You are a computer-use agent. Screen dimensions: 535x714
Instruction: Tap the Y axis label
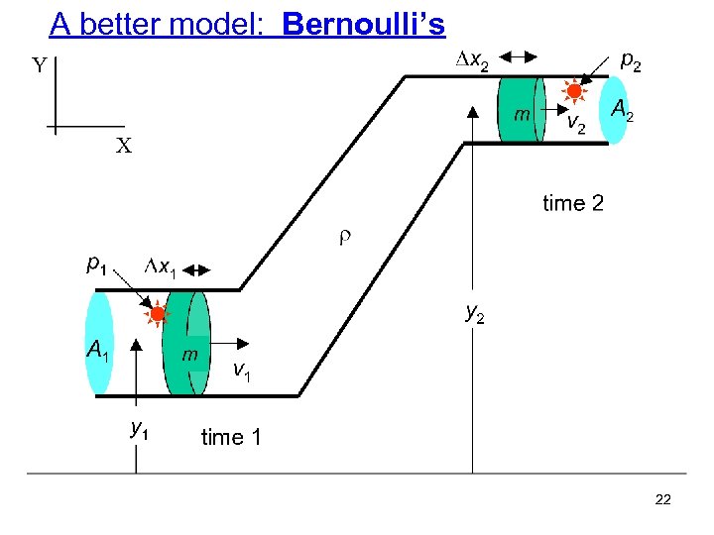[x=38, y=66]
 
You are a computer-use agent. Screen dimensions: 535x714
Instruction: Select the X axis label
[x=123, y=147]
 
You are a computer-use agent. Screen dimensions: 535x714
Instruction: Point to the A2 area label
[x=623, y=110]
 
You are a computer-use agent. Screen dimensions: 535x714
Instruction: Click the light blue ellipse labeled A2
[x=615, y=109]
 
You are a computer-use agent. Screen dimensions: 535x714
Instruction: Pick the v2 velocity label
[x=575, y=124]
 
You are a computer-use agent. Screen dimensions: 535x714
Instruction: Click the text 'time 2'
[x=572, y=204]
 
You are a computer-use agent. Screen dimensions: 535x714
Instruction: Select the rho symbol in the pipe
[x=345, y=238]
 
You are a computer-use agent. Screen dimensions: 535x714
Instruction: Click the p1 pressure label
[x=97, y=265]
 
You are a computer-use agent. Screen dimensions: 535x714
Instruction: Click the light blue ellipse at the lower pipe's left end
[x=100, y=343]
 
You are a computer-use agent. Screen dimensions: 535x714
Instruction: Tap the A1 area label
[x=97, y=350]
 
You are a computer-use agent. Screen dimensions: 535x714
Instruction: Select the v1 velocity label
[x=241, y=371]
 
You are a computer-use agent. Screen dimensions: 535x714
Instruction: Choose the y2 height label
[x=476, y=314]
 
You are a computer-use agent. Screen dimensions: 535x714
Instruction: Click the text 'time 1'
[x=231, y=437]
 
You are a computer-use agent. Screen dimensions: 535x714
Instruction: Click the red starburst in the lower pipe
[x=157, y=315]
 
